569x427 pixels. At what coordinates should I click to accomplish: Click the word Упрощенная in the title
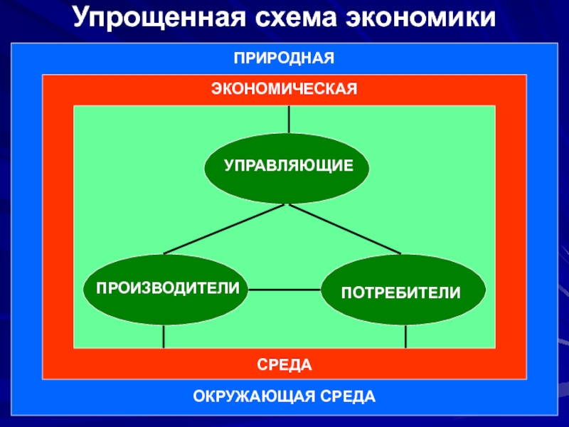click(x=152, y=19)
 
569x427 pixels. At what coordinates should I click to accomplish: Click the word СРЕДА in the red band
click(x=284, y=364)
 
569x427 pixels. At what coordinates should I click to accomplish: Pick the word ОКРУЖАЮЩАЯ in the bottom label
click(x=255, y=396)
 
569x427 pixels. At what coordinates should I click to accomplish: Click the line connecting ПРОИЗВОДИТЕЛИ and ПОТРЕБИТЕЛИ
click(x=284, y=290)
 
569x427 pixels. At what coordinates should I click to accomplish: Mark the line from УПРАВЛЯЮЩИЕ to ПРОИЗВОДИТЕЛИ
click(x=225, y=229)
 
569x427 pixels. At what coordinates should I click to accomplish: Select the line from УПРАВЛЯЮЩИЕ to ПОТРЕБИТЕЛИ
click(x=346, y=229)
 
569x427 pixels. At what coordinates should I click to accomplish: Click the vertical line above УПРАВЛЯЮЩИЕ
click(x=289, y=119)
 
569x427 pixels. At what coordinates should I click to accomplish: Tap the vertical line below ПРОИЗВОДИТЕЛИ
click(x=164, y=336)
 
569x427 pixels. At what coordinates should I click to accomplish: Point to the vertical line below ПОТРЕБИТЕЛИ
click(x=405, y=336)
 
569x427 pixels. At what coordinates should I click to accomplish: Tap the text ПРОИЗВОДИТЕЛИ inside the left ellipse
click(x=168, y=287)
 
